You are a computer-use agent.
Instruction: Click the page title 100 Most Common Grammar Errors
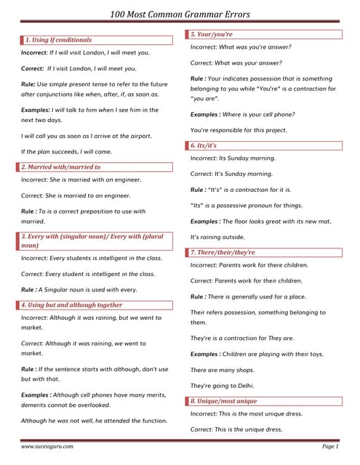pos(180,14)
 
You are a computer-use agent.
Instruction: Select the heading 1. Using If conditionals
pos(59,39)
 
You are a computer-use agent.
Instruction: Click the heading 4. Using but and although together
pos(72,305)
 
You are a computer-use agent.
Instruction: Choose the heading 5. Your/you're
pos(212,34)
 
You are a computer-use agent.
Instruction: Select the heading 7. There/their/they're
pos(223,252)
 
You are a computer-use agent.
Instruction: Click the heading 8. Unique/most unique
pos(223,400)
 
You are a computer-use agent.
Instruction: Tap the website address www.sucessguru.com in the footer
pos(47,445)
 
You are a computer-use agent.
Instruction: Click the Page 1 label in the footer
pos(329,445)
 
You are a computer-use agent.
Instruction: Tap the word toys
pos(313,354)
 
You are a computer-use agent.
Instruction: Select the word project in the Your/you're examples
pos(273,129)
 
